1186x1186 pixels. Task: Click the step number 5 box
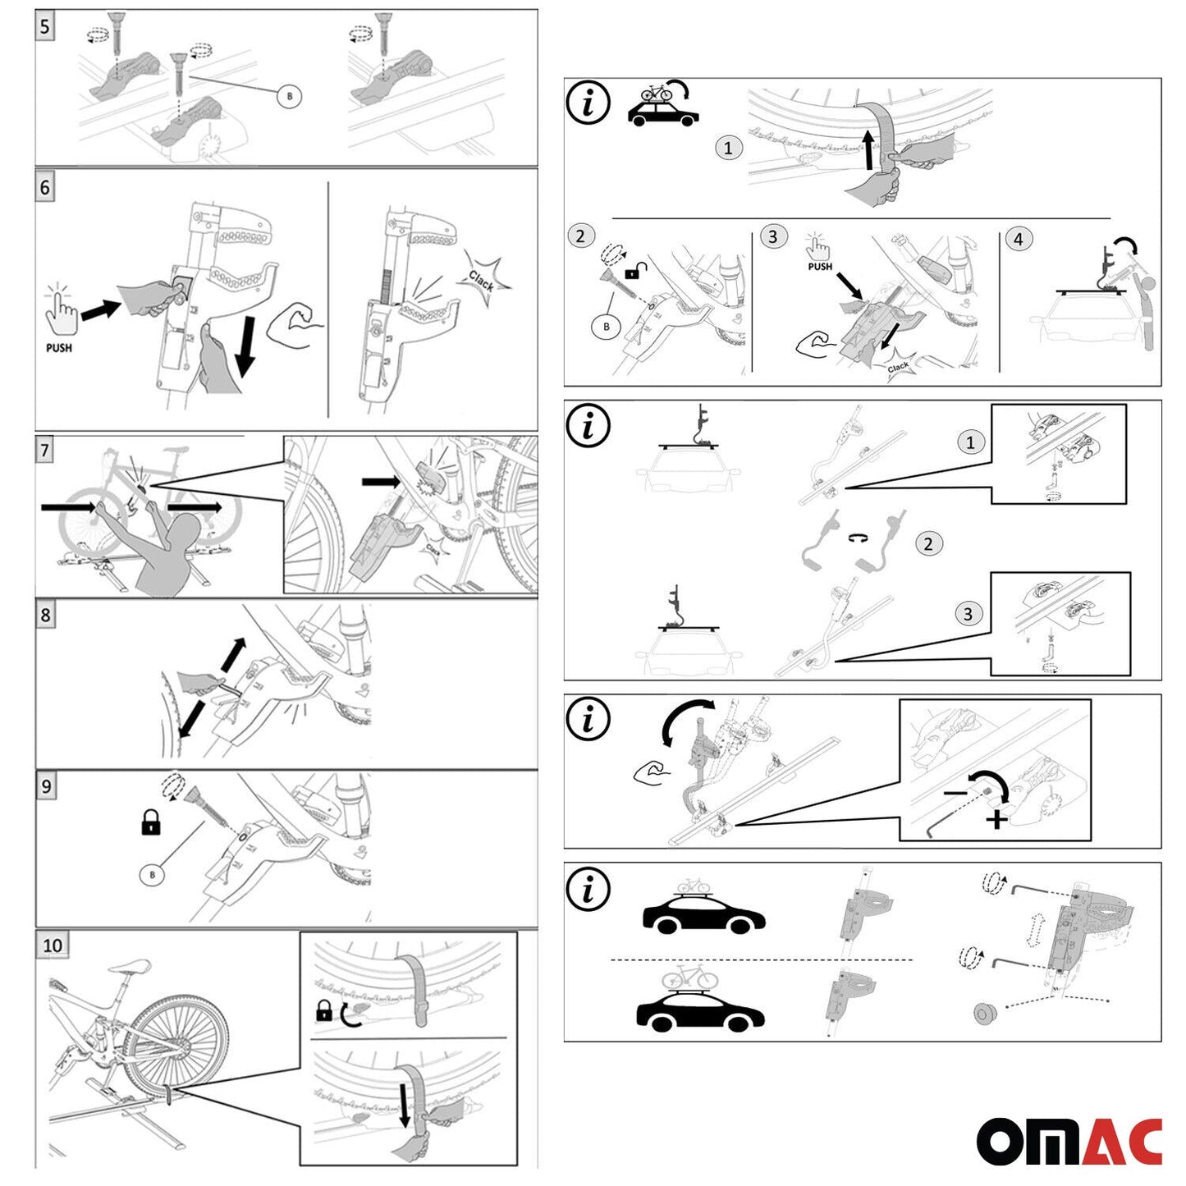pos(45,27)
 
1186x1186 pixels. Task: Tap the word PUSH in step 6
pos(59,348)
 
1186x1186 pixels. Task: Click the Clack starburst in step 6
pos(484,282)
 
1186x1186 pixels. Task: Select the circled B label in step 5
pos(289,96)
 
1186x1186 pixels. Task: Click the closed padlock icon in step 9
pos(150,822)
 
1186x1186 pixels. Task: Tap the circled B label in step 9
pos(152,875)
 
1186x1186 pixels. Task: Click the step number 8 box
pos(45,615)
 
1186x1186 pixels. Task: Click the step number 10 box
pos(53,946)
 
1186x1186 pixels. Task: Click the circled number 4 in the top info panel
pos(1019,239)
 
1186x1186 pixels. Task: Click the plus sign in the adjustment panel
pos(996,819)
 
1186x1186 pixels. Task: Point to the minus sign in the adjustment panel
pos(955,794)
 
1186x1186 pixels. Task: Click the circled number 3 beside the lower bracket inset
pos(968,614)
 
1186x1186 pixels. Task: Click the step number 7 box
pos(45,450)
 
